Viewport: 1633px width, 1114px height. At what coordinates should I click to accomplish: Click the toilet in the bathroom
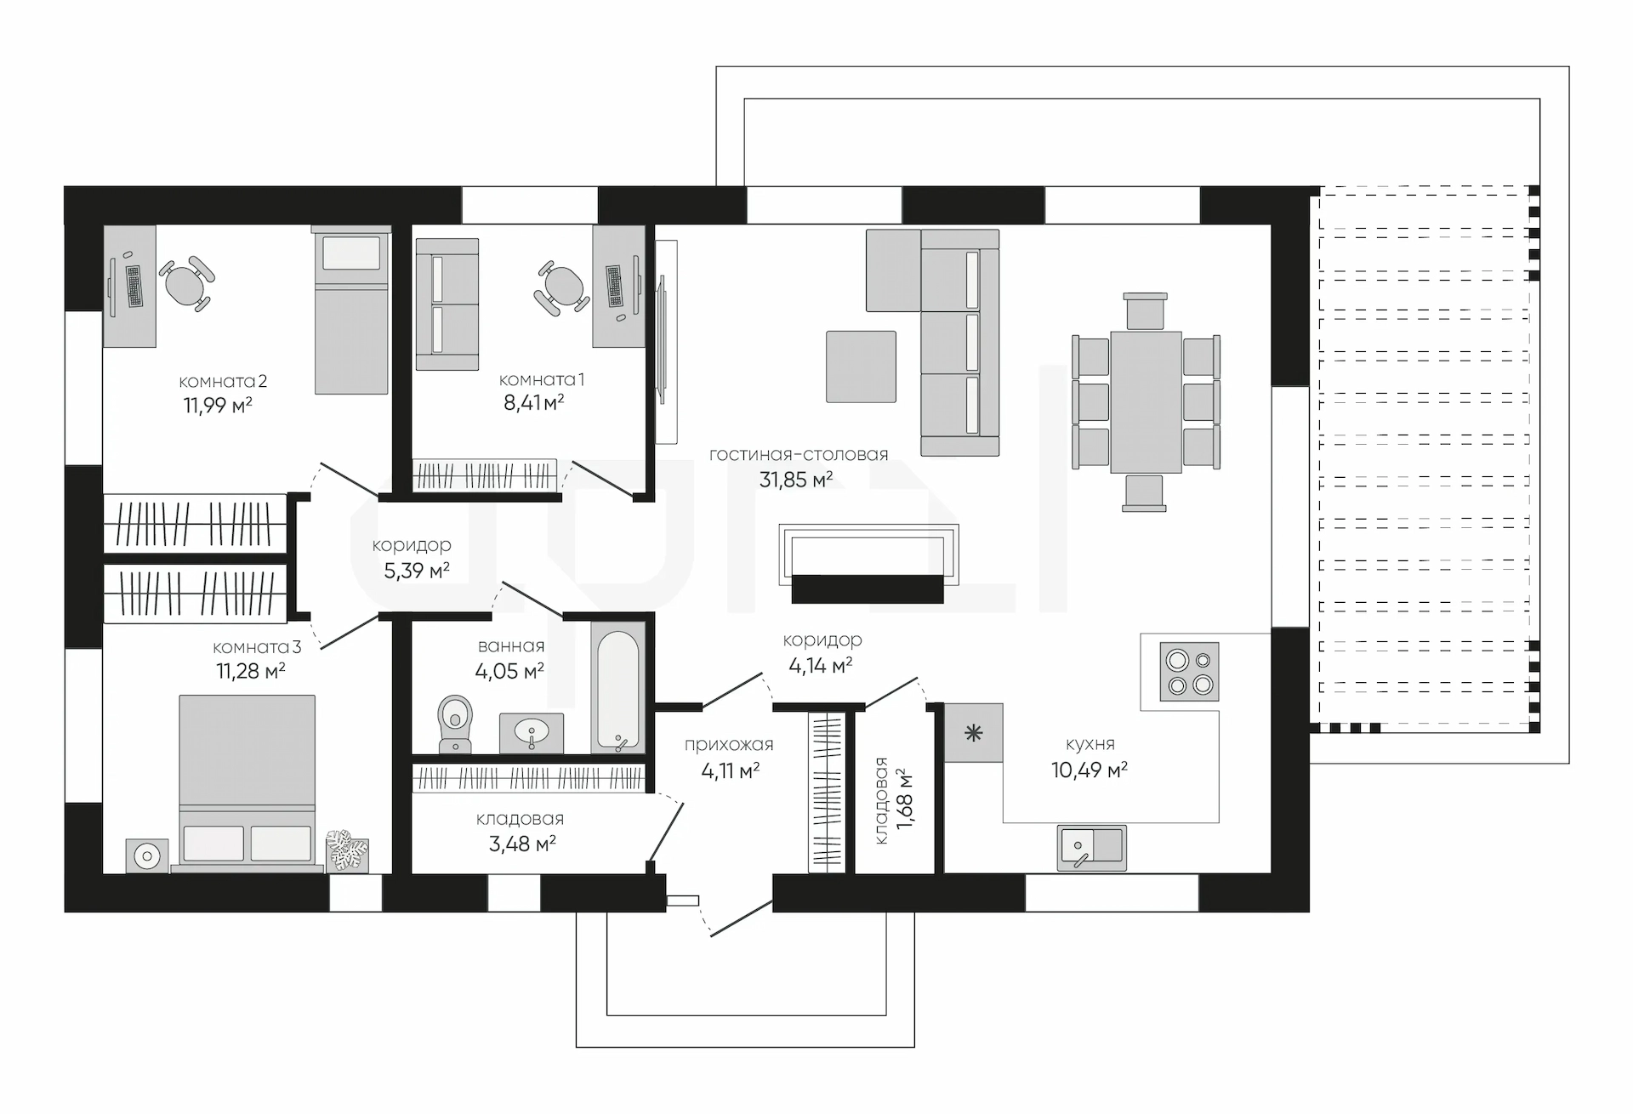pos(455,724)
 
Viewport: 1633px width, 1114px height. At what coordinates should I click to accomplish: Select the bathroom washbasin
pos(532,732)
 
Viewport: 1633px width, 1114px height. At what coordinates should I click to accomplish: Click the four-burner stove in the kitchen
pos(1190,671)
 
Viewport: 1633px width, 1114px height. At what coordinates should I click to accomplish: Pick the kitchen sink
pos(1092,848)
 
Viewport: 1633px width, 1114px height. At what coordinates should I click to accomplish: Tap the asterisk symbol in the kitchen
pos(974,732)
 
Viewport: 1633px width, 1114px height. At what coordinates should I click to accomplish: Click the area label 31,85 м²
pos(796,480)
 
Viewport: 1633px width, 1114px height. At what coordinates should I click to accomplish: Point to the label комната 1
pos(542,379)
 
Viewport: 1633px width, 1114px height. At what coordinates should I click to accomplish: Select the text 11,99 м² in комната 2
pos(218,406)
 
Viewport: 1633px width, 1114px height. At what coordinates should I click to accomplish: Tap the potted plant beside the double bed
pos(348,850)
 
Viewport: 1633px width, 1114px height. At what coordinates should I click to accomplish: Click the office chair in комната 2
pos(186,283)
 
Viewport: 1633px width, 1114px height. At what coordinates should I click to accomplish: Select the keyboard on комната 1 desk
pos(614,287)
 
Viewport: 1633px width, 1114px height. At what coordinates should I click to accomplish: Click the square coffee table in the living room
pos(861,367)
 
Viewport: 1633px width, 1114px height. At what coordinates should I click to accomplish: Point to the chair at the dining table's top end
pos(1145,311)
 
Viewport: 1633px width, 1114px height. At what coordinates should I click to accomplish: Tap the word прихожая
pos(729,745)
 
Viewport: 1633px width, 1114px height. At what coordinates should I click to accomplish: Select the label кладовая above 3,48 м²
pos(520,819)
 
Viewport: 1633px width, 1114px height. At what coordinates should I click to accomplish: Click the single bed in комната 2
pos(351,310)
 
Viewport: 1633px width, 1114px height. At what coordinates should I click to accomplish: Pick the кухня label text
pos(1090,745)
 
